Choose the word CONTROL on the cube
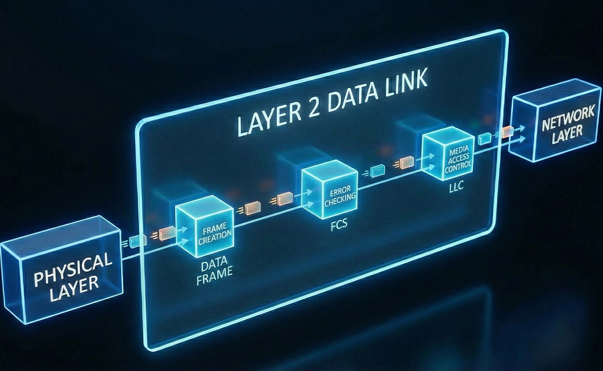tap(458, 166)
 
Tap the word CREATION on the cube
tap(214, 235)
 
